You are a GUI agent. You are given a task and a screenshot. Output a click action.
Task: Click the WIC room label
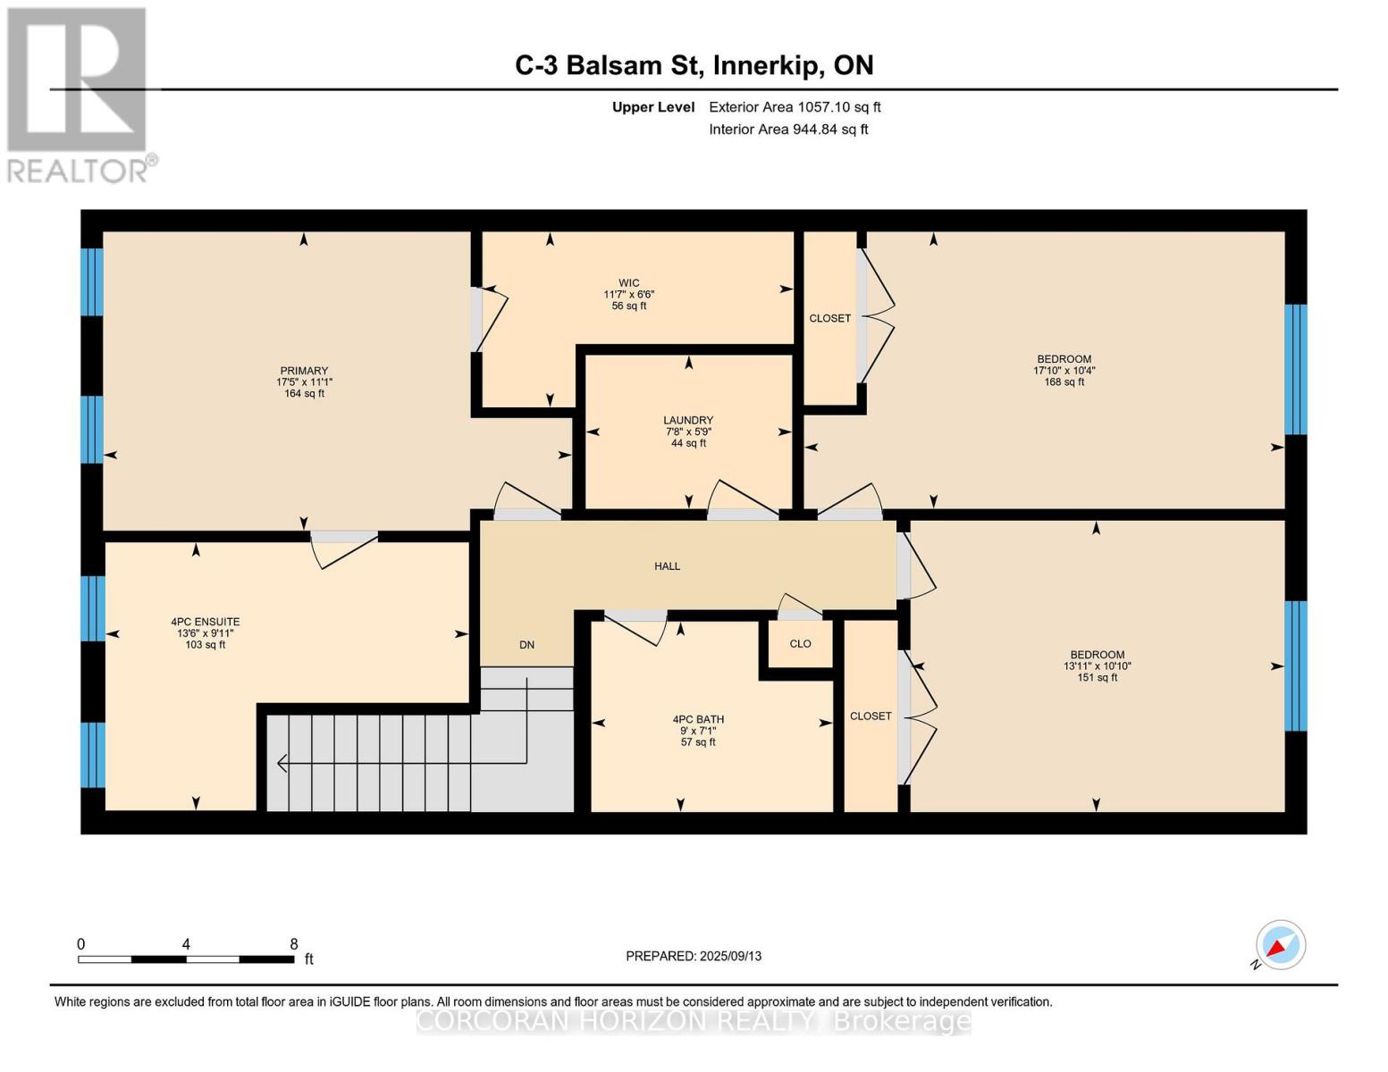tap(629, 283)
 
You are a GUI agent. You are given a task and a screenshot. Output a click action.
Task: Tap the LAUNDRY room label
tap(688, 420)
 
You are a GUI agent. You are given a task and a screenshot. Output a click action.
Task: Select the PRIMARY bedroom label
tap(304, 371)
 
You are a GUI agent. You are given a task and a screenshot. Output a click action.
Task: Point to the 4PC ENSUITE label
tap(206, 622)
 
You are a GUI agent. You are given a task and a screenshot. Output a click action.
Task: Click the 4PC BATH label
tap(698, 719)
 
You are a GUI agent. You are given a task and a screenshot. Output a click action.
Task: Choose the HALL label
tap(667, 566)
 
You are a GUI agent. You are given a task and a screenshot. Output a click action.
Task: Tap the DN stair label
tap(526, 645)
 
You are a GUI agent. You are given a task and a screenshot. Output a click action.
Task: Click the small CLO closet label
tap(800, 644)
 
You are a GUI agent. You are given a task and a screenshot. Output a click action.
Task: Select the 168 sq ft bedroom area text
tap(1064, 382)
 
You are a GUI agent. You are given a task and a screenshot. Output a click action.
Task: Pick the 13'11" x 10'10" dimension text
tap(1098, 666)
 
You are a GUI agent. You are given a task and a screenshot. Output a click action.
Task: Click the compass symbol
tap(1280, 945)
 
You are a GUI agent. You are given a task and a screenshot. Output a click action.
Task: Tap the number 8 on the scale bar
tap(293, 944)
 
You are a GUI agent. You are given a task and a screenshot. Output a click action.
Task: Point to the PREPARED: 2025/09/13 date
tap(694, 956)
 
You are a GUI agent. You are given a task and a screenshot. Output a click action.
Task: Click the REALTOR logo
tap(79, 94)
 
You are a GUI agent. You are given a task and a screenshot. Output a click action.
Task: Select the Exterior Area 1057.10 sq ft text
tap(795, 107)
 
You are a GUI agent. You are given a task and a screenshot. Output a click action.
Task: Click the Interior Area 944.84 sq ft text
tap(788, 130)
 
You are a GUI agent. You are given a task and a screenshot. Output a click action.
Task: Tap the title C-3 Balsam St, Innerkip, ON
tap(694, 65)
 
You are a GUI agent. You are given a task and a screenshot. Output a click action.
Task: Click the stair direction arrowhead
tap(282, 764)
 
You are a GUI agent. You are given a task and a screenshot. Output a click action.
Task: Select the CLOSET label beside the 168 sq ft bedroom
tap(829, 319)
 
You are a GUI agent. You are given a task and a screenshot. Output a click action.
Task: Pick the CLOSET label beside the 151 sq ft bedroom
tap(871, 716)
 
